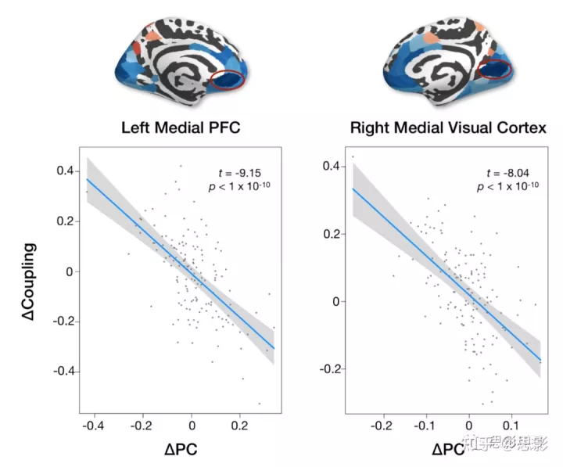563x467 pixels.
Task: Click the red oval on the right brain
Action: point(495,71)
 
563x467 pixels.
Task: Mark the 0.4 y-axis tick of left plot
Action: point(66,171)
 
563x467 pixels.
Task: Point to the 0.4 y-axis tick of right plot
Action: point(332,167)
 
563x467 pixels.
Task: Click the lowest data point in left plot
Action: point(259,404)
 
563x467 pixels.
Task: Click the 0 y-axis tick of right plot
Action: point(337,301)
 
